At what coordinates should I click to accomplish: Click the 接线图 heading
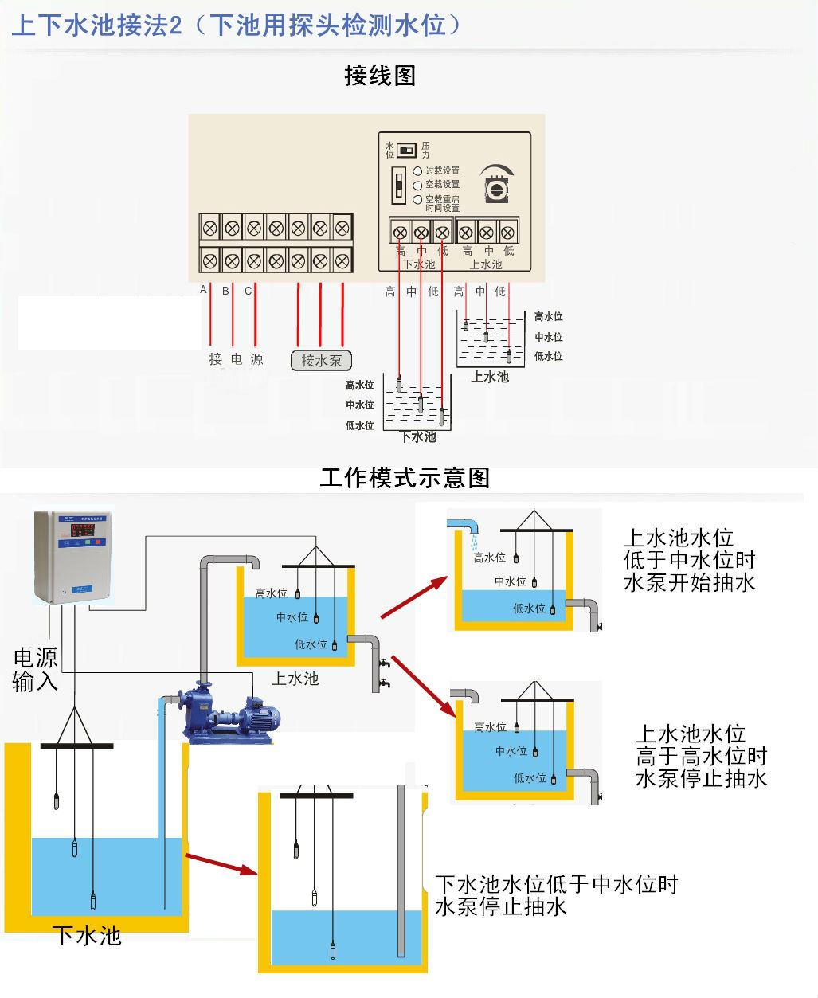tap(380, 76)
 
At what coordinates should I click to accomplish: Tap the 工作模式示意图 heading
tap(405, 478)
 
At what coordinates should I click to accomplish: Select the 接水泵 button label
tap(321, 361)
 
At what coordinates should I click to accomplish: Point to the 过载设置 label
tap(442, 170)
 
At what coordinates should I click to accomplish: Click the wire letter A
tap(203, 290)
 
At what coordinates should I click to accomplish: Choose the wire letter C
tap(248, 291)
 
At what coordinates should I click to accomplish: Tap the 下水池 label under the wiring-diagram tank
tap(418, 436)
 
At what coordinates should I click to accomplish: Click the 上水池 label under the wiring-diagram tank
tap(489, 377)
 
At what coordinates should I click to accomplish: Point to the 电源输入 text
tap(35, 669)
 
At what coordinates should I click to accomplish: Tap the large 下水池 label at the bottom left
tap(87, 935)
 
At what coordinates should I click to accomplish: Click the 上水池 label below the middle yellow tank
tap(295, 679)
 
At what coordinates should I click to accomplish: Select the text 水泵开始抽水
tap(689, 582)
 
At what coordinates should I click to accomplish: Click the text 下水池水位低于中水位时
tap(556, 884)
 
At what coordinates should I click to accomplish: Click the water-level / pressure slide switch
tap(407, 150)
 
